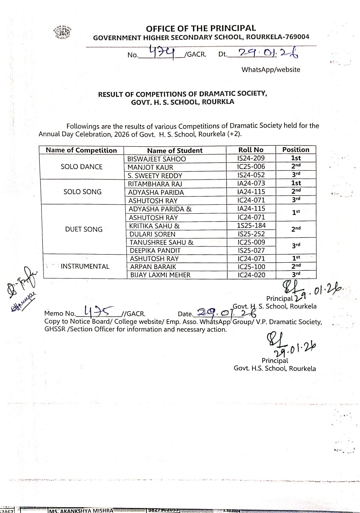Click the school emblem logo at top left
pos(62,32)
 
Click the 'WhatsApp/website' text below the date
pos(271,70)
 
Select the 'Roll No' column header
pos(251,150)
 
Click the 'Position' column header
pos(296,149)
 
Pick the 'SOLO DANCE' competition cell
pos(82,167)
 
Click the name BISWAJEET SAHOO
pos(157,159)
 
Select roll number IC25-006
pos(251,167)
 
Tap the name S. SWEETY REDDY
pos(155,176)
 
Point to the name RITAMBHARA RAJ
pos(155,184)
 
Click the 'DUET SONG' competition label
pos(84,230)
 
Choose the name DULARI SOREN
pos(152,234)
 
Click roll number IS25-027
pos(251,250)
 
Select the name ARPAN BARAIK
pos(153,267)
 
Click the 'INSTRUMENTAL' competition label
pos(85,267)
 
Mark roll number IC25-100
pos(251,267)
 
